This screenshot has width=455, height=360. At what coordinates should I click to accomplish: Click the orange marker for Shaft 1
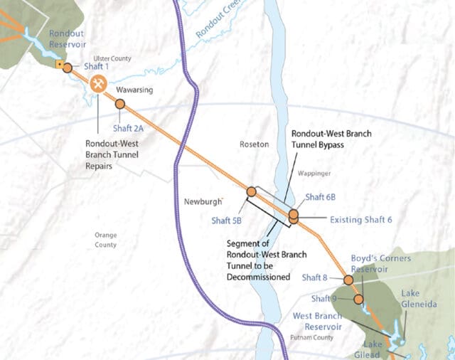tap(67, 68)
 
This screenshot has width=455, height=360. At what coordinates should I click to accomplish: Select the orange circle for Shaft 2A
tap(119, 104)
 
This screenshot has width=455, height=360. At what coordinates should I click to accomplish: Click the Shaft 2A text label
tap(129, 129)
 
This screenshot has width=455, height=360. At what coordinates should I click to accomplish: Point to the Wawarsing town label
tap(133, 90)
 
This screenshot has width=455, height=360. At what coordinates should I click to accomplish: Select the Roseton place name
tap(255, 144)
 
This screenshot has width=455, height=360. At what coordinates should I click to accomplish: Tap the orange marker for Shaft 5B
tap(251, 191)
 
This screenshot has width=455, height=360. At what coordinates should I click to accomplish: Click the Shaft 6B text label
tap(320, 197)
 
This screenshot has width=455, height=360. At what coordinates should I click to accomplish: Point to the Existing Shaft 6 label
tap(361, 220)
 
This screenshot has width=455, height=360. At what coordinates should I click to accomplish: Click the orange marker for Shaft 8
tap(348, 280)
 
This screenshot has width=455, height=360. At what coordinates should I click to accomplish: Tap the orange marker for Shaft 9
tap(358, 299)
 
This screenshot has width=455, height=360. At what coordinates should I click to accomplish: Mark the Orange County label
tap(105, 240)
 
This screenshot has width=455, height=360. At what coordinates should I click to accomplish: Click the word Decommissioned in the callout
tap(255, 277)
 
